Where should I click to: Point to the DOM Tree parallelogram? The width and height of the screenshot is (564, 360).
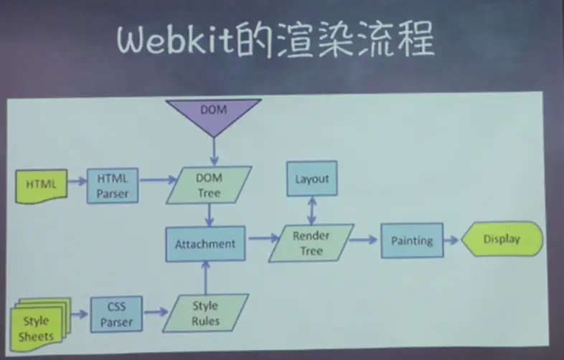point(209,185)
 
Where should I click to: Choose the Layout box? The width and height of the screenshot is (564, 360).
point(311,179)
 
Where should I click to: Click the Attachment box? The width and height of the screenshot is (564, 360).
point(205,244)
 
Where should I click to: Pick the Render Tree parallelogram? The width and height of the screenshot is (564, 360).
point(311,243)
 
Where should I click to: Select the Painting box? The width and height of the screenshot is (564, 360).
point(411,241)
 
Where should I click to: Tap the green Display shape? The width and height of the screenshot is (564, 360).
point(502,240)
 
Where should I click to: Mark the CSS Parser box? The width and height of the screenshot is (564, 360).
point(116,314)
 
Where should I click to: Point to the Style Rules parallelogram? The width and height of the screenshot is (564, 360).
point(205,313)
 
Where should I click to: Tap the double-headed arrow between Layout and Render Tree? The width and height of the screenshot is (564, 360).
point(311,211)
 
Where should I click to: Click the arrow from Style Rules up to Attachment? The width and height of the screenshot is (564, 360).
point(206,278)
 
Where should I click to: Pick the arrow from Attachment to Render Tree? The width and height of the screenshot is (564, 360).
point(260,241)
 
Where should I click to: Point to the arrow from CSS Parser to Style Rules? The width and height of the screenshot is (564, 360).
point(153,314)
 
